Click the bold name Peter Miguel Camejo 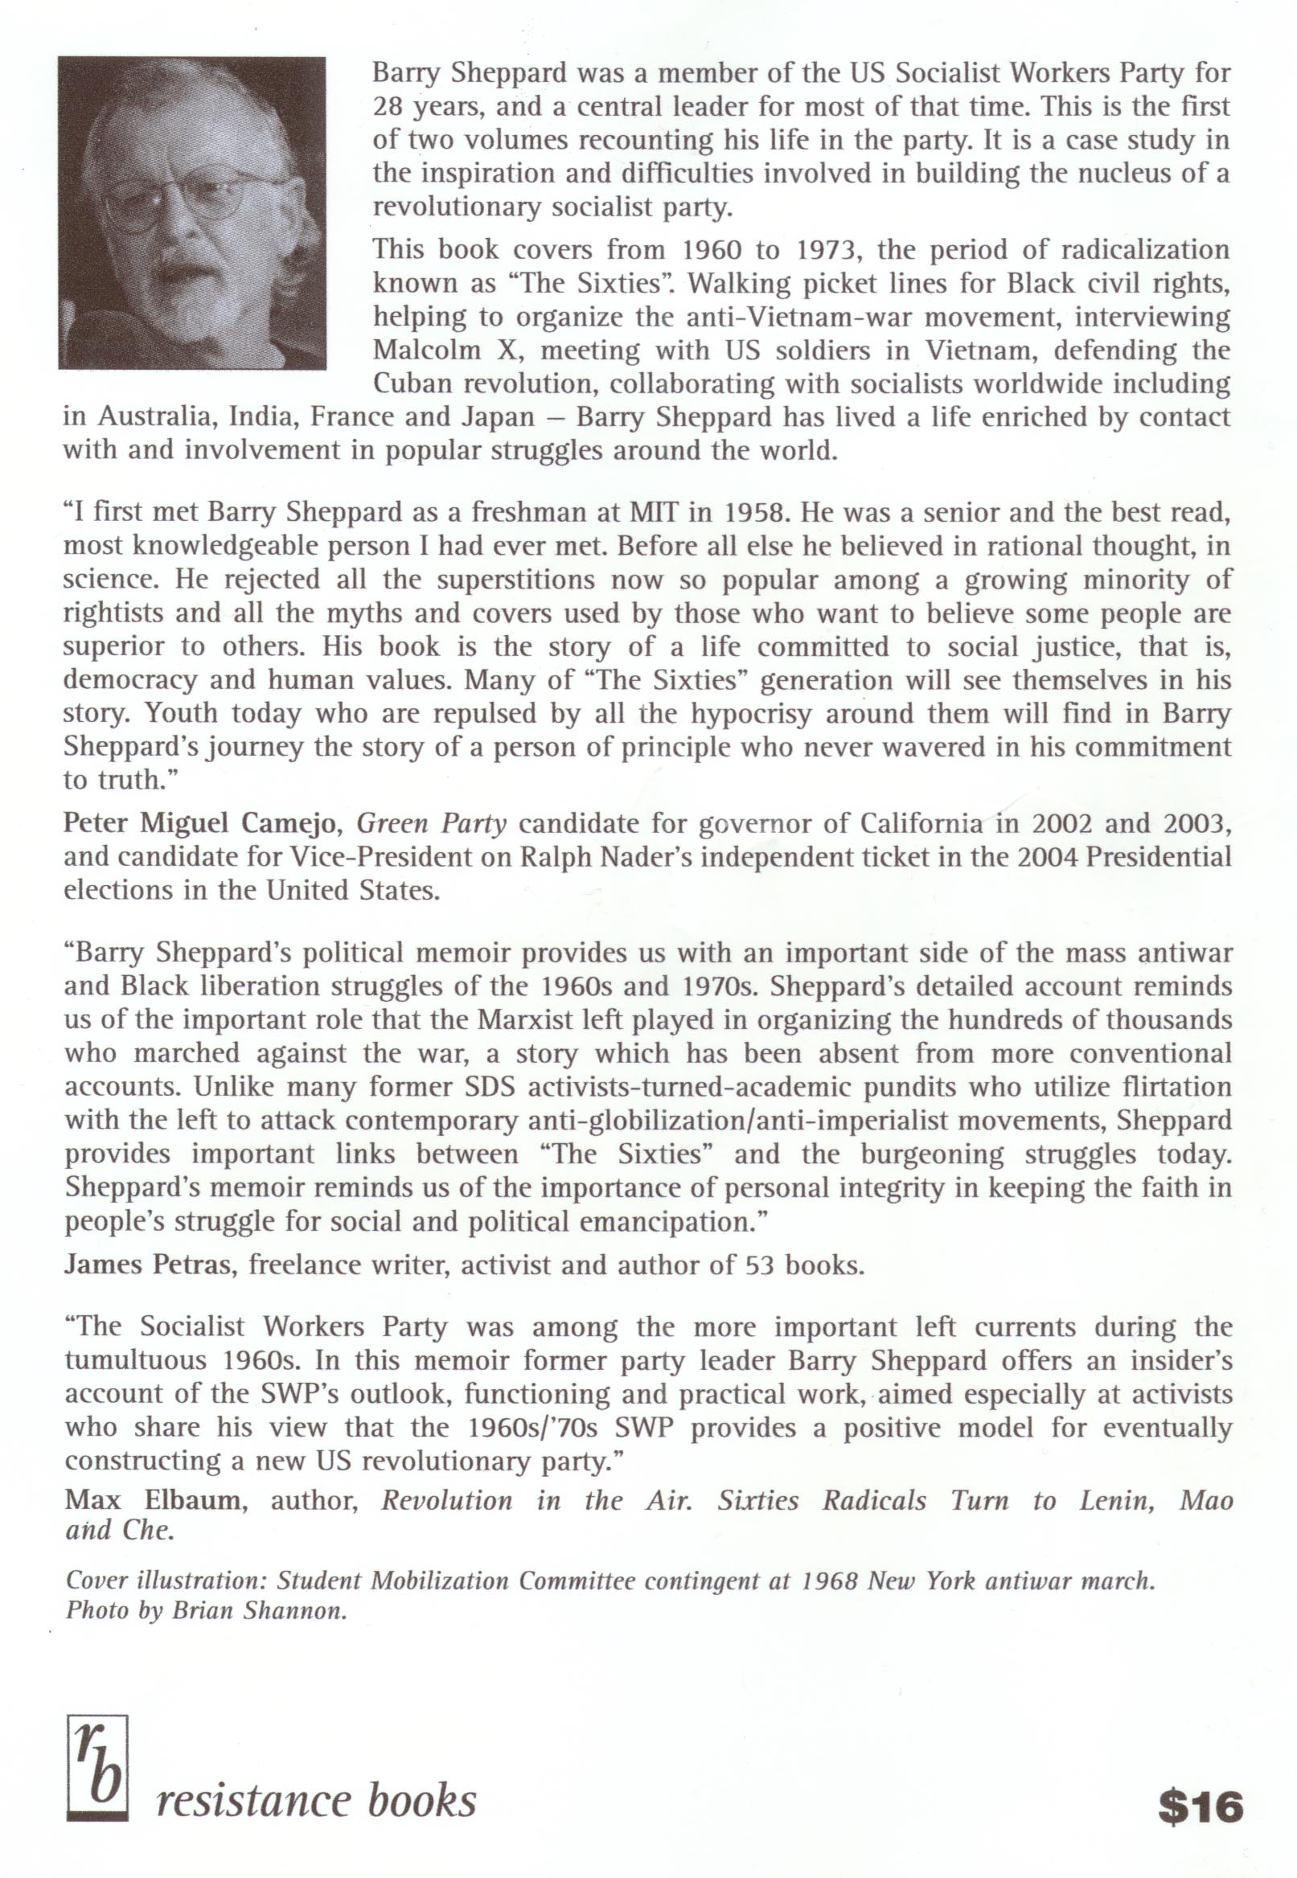pyautogui.click(x=205, y=824)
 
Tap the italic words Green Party pyautogui.click(x=433, y=824)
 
